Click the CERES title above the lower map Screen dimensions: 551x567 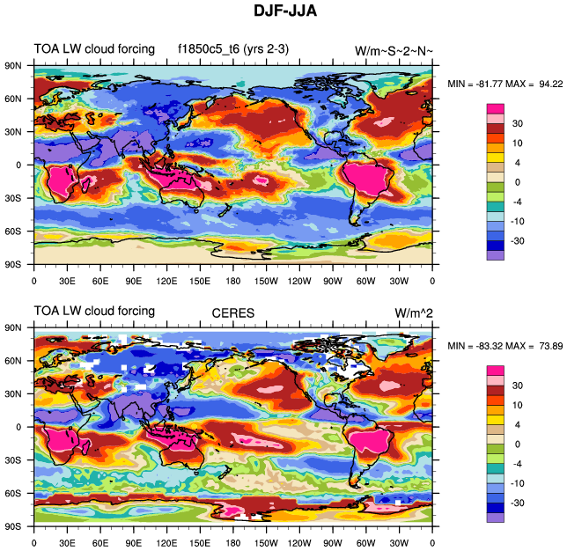click(232, 312)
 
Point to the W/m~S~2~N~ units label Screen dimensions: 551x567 click(394, 51)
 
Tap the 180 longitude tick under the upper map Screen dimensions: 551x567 click(232, 282)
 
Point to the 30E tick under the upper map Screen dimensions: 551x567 click(66, 282)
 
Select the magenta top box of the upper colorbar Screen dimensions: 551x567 click(496, 108)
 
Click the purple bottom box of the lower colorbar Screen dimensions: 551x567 click(496, 517)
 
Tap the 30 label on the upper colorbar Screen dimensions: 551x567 click(518, 123)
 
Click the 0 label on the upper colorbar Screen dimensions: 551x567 click(518, 181)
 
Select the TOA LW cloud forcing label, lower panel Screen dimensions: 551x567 click(94, 311)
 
